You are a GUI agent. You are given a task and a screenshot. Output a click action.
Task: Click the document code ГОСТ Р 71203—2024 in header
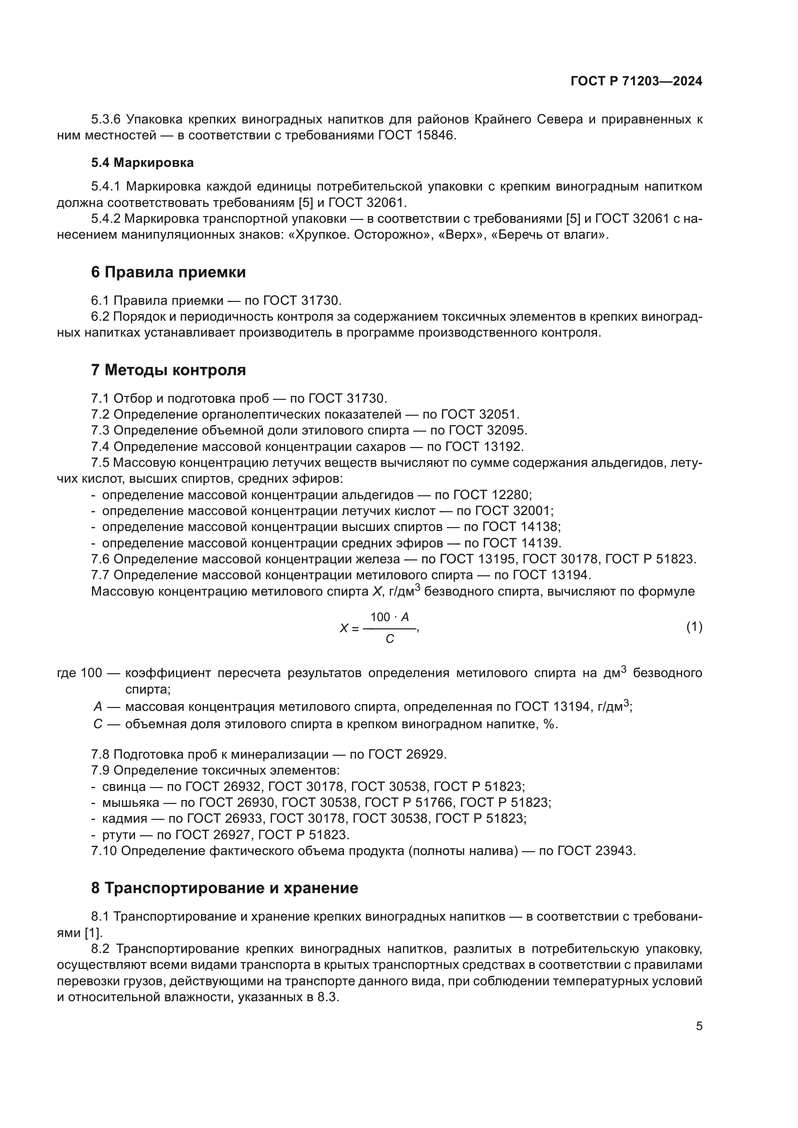pos(636,82)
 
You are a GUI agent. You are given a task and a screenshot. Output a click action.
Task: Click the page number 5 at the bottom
pos(699,1026)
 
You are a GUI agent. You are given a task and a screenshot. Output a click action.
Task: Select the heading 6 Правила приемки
pos(168,272)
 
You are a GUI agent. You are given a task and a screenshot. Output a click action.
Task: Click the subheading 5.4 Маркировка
pos(142,163)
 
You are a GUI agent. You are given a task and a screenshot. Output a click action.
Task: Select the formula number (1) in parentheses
pos(694,627)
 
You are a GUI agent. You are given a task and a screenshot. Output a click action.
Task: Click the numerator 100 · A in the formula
pos(389,617)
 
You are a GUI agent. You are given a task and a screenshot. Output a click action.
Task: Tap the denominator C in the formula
pos(390,639)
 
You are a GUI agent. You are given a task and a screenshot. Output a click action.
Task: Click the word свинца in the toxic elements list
pos(124,787)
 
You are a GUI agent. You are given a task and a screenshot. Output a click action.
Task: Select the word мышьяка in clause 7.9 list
pos(131,803)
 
